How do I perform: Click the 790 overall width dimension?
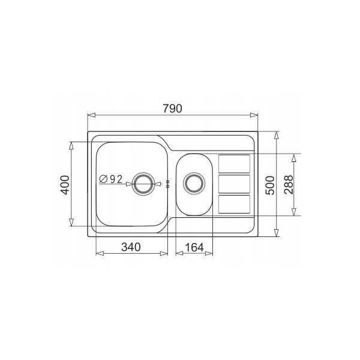(x=172, y=109)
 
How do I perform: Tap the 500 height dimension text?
(x=270, y=185)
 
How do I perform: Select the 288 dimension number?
(x=289, y=185)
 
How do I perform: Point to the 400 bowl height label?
(x=65, y=185)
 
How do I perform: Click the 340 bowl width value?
(x=131, y=247)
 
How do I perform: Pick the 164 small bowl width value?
(x=194, y=247)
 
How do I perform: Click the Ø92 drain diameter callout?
(x=111, y=179)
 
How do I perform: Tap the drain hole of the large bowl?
(x=144, y=184)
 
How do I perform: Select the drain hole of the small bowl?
(x=194, y=183)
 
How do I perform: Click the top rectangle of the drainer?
(x=234, y=164)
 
